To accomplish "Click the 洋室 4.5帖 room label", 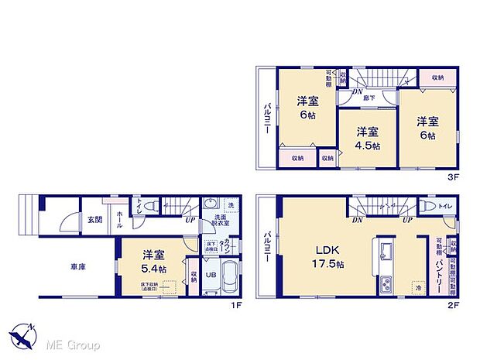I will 367,138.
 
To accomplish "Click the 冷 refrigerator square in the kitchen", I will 419,286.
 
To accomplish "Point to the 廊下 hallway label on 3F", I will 371,98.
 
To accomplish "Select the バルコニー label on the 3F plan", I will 266,118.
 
